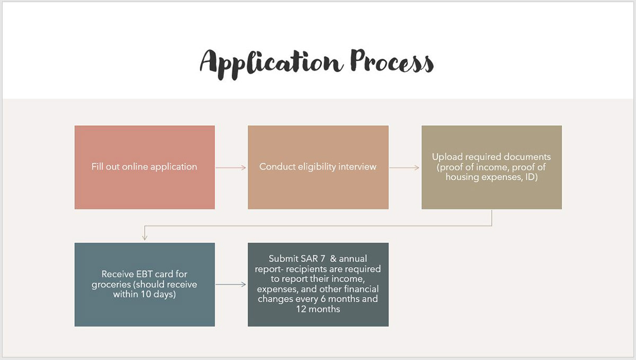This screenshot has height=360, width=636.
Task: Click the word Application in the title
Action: pos(271,64)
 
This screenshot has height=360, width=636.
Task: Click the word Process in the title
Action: pos(392,62)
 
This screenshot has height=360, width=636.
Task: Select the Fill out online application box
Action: pos(145,168)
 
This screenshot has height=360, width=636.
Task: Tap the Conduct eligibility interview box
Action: pos(318,168)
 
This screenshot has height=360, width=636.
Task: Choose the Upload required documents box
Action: pos(491,168)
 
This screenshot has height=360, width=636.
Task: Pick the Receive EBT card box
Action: pos(145,284)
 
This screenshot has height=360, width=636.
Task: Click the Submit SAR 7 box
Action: pos(318,284)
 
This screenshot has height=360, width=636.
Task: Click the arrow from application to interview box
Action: pos(231,168)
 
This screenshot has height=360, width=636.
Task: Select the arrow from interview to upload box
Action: pos(404,168)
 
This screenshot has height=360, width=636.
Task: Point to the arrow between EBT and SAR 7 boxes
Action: pos(231,284)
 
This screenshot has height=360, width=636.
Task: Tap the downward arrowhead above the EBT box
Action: pos(145,237)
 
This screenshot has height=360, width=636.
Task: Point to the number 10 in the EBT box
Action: pos(146,294)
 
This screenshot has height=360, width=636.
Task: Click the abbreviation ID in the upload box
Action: pos(531,177)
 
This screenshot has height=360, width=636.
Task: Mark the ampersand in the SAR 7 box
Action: pos(333,259)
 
